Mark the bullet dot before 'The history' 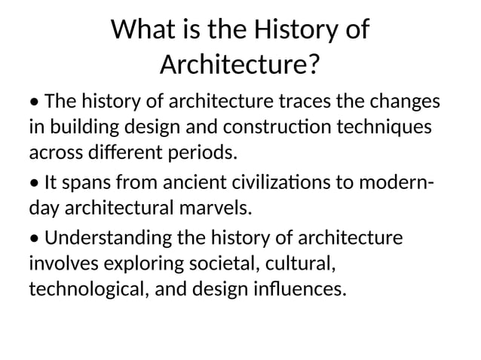[x=35, y=102]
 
